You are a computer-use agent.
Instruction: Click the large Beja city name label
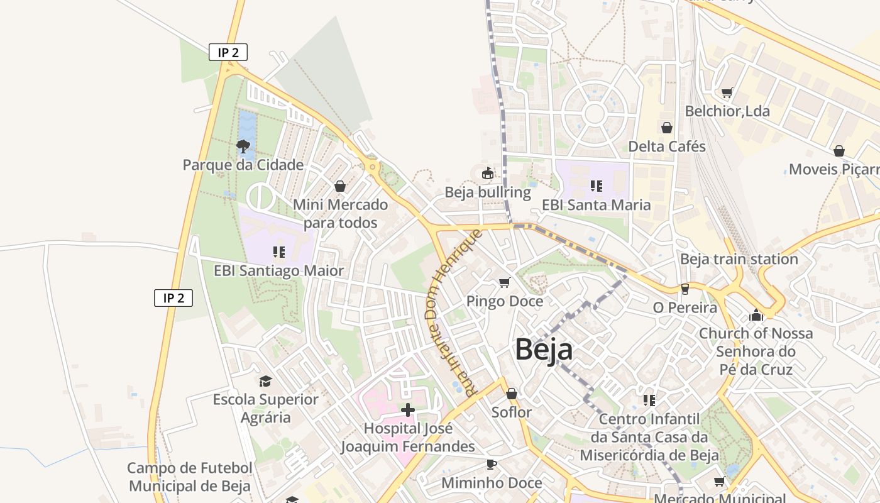(544, 350)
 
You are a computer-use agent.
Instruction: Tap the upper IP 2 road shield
(228, 52)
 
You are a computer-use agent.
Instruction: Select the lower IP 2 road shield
(173, 297)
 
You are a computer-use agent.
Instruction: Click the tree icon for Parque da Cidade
(243, 146)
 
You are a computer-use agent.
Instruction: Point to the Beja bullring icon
(487, 172)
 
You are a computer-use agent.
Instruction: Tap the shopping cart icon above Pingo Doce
(504, 282)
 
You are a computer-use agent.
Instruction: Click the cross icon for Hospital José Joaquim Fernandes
(408, 410)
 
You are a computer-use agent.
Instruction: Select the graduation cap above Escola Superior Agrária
(265, 381)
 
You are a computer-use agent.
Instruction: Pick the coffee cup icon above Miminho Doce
(492, 464)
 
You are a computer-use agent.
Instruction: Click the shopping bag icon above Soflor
(512, 394)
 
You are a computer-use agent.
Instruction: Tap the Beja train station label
(739, 259)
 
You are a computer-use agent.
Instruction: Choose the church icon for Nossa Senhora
(756, 314)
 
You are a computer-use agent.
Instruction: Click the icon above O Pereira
(685, 289)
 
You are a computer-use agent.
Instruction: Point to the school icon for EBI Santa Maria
(596, 186)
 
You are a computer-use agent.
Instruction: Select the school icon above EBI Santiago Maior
(278, 252)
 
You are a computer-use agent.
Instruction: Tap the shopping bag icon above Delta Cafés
(667, 128)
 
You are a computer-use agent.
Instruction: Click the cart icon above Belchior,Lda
(727, 92)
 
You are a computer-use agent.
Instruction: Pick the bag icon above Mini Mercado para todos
(340, 186)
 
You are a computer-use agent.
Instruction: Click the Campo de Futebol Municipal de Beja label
(190, 477)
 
